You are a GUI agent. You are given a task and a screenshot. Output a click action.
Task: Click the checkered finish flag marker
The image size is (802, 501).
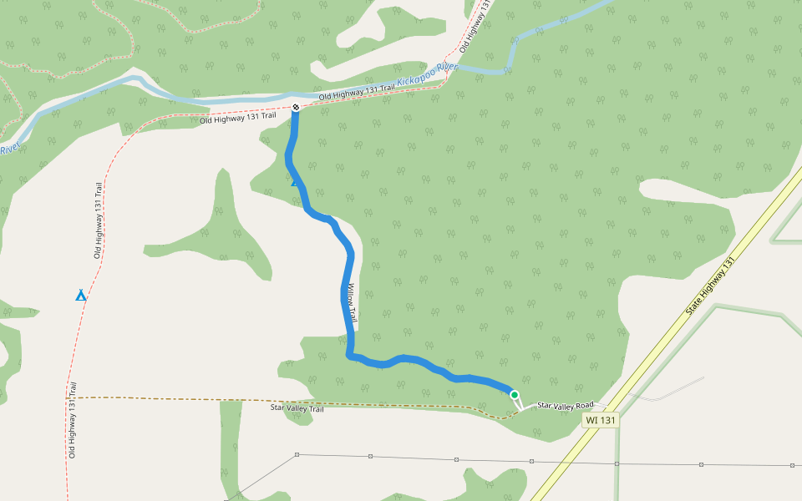[295, 107]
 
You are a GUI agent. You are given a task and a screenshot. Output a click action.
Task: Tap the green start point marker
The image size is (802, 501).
[515, 395]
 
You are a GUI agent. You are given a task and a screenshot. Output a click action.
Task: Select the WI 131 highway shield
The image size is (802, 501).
[601, 420]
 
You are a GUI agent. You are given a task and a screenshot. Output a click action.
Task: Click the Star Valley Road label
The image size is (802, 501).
[565, 405]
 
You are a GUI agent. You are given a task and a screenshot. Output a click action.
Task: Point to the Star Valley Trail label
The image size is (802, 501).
[297, 408]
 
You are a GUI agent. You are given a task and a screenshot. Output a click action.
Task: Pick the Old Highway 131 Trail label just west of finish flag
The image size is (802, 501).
[237, 119]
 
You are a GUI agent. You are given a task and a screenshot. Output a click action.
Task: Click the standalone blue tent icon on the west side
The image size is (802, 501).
[81, 295]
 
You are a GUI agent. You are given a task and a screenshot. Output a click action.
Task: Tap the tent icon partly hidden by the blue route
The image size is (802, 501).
[294, 181]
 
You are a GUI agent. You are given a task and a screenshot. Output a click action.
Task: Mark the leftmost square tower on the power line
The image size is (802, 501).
[297, 455]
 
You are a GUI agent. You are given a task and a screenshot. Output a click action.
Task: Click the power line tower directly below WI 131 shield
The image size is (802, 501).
[617, 463]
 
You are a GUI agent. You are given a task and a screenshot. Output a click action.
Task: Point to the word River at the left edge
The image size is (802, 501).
[10, 148]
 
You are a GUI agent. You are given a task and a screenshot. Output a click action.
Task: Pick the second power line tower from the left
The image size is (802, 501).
[370, 457]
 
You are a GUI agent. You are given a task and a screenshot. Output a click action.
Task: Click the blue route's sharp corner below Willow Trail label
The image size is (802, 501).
[348, 355]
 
